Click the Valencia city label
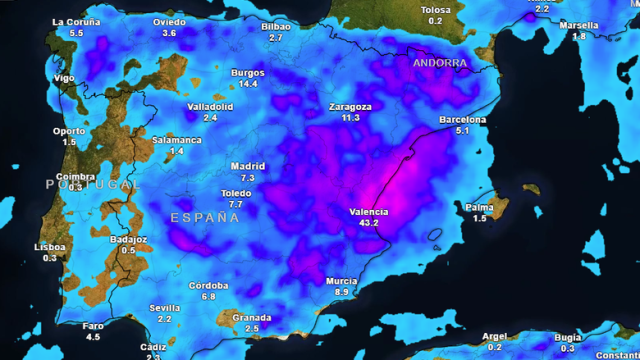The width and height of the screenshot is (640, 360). point(368,211)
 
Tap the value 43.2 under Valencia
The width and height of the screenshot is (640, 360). point(368,222)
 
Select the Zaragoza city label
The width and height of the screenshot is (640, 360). point(350,106)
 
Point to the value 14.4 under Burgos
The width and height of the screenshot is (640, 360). point(248,84)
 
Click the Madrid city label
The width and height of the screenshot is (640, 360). point(247,166)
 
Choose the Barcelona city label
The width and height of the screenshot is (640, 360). point(463,120)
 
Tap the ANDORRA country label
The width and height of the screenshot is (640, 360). point(439,62)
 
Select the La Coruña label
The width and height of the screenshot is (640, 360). point(77,21)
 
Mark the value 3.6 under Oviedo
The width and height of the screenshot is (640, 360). point(169,33)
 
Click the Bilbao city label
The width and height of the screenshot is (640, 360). point(275,27)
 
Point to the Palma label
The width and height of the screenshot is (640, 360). point(479,207)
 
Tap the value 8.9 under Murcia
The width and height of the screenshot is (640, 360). point(342,292)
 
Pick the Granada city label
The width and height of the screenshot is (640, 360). point(252,317)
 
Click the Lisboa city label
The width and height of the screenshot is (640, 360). point(50,246)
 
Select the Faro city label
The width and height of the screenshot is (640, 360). point(93,326)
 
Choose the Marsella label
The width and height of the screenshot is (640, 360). point(579,25)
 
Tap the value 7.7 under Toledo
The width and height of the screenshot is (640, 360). point(236,204)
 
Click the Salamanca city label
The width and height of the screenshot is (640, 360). point(176,140)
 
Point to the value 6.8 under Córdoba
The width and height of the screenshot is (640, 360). point(208,296)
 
